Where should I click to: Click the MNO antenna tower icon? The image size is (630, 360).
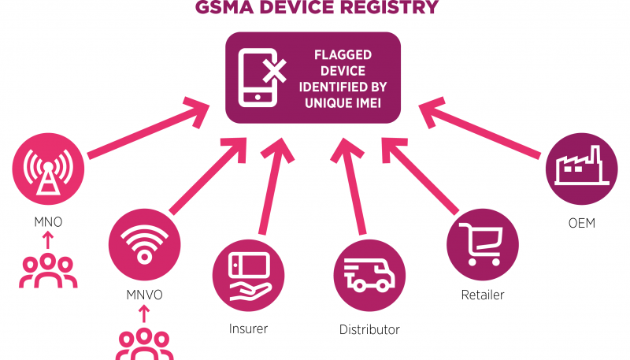pos(48,171)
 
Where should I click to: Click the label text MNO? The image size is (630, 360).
pos(48,222)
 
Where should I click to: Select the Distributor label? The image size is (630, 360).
pos(369,328)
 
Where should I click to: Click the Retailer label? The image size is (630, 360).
pos(481,295)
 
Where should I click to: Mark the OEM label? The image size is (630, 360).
pos(581,223)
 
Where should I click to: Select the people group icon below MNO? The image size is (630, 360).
pos(48,269)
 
